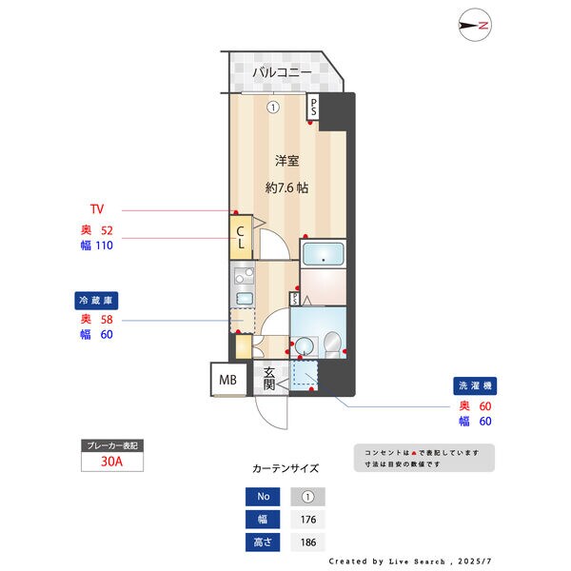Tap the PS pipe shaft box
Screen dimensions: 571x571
click(313, 108)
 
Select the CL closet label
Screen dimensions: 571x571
click(241, 237)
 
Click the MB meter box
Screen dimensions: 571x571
click(227, 380)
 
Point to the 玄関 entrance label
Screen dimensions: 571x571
click(269, 379)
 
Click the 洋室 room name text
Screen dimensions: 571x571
click(287, 161)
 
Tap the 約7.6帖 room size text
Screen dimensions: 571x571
click(286, 188)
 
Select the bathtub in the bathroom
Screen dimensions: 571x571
click(324, 256)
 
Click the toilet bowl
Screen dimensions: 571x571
click(331, 345)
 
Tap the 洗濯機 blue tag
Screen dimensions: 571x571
click(473, 387)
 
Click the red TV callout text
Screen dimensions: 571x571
click(96, 209)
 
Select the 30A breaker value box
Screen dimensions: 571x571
click(112, 463)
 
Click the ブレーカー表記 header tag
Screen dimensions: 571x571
click(112, 445)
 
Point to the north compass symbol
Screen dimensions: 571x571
click(474, 26)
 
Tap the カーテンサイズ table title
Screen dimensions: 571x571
click(285, 468)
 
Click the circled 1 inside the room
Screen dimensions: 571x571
click(273, 108)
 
